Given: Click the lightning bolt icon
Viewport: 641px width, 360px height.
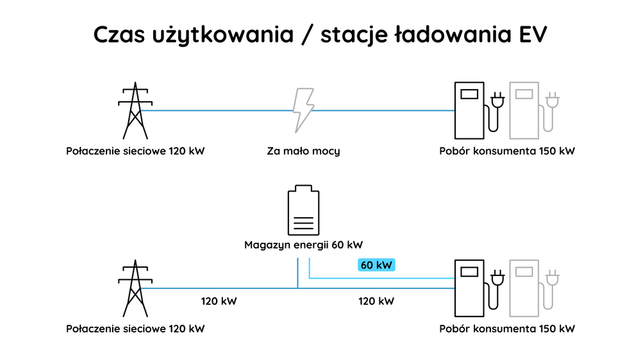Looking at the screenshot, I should pos(303,110).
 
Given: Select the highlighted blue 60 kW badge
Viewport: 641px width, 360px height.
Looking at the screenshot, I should pos(376,265).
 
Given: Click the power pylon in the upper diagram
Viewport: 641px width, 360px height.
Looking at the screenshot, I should pos(135,110).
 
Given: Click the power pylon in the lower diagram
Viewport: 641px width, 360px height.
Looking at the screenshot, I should pos(135,288).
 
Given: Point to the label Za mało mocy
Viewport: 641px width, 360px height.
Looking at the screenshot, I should pos(303,152).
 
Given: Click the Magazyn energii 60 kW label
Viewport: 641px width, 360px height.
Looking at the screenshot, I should pos(303,245).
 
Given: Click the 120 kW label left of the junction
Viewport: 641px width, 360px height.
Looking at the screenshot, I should pos(219,301).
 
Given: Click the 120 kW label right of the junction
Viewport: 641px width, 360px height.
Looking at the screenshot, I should pos(376,301).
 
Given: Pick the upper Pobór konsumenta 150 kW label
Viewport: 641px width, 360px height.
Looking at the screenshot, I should pos(507,152).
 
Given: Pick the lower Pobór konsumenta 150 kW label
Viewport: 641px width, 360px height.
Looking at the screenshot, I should pos(507,329).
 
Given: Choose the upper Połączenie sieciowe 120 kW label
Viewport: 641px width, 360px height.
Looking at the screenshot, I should pos(135,152).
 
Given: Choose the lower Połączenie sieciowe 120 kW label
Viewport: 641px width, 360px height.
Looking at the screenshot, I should pos(135,329).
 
